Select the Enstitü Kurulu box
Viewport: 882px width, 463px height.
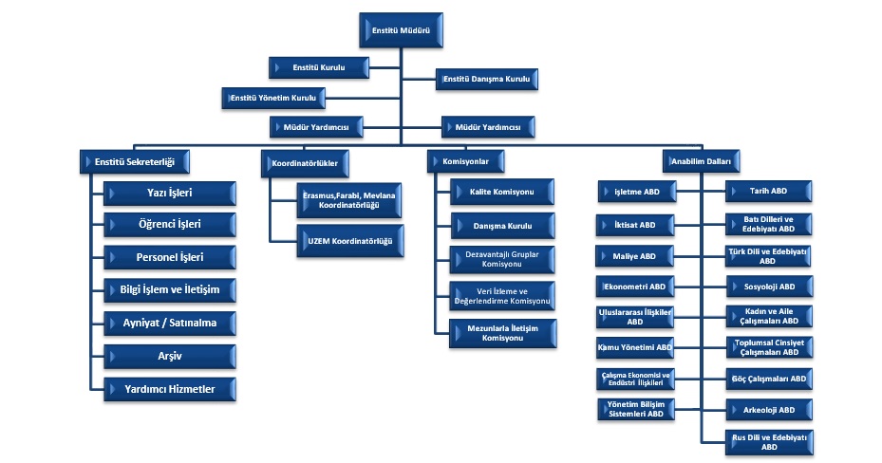pyautogui.click(x=318, y=68)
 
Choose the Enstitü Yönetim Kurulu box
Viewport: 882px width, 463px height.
pyautogui.click(x=274, y=97)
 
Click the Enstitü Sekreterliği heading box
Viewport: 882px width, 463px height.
pyautogui.click(x=135, y=160)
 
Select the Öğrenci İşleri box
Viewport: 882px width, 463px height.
pyautogui.click(x=170, y=226)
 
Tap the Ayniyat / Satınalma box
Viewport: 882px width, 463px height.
pyautogui.click(x=170, y=323)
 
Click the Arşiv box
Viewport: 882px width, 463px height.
pyautogui.click(x=170, y=355)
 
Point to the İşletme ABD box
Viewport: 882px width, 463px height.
pyautogui.click(x=636, y=193)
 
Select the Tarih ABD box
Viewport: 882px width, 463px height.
pyautogui.click(x=769, y=193)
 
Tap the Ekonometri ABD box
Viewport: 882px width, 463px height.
pyautogui.click(x=635, y=286)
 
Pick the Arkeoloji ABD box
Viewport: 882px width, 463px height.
pyautogui.click(x=769, y=411)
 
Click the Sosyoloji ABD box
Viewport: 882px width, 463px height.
pyautogui.click(x=769, y=286)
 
